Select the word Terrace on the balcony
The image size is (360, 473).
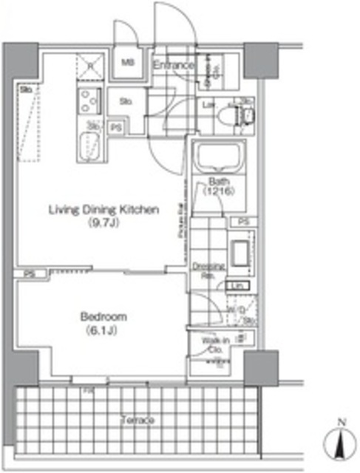(x=137, y=421)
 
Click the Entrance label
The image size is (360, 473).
(x=173, y=66)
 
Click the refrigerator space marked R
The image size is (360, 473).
(x=90, y=64)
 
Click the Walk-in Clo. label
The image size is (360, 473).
(x=214, y=345)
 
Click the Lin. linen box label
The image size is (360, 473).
(x=238, y=286)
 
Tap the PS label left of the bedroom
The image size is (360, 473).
(x=28, y=273)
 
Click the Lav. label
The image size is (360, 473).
(x=209, y=106)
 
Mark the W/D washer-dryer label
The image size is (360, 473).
(x=242, y=310)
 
